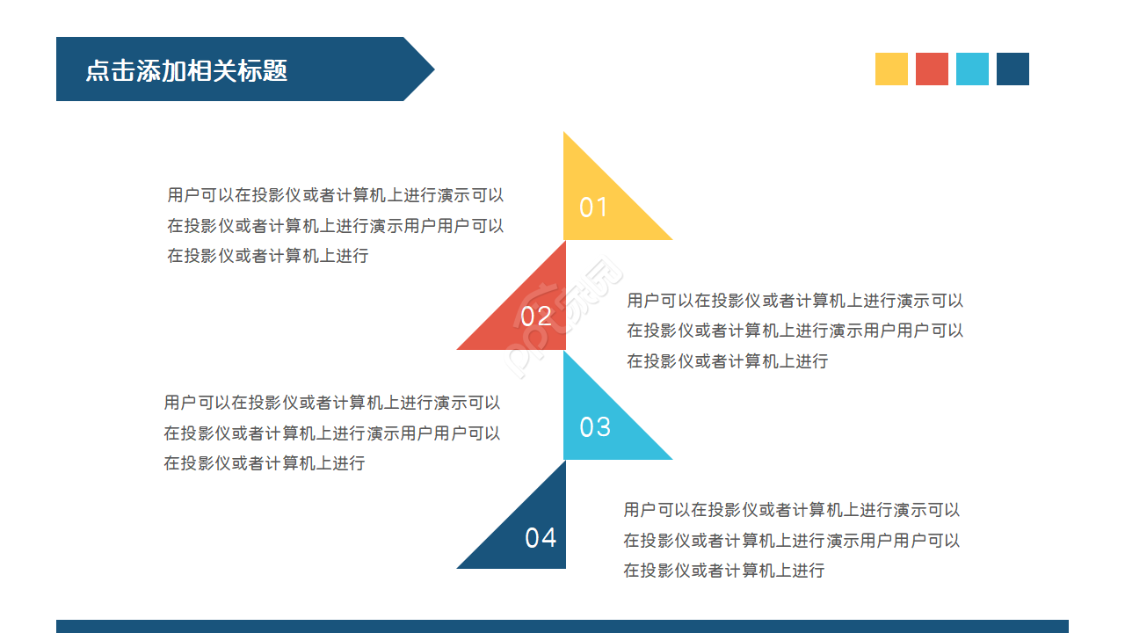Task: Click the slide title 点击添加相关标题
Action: (x=186, y=70)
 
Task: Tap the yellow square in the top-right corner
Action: (x=891, y=69)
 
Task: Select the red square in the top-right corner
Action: (x=932, y=69)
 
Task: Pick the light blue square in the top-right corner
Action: (x=972, y=69)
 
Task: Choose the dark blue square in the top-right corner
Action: (x=1012, y=69)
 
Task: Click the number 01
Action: (x=593, y=207)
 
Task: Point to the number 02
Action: (x=536, y=316)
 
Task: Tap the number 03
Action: (x=595, y=427)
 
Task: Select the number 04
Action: (x=541, y=537)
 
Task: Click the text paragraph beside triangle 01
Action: (x=336, y=225)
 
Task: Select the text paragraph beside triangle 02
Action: (x=795, y=331)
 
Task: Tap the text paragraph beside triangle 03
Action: (x=331, y=433)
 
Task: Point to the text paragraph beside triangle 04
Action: (x=791, y=540)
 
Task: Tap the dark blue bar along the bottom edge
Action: (x=562, y=626)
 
